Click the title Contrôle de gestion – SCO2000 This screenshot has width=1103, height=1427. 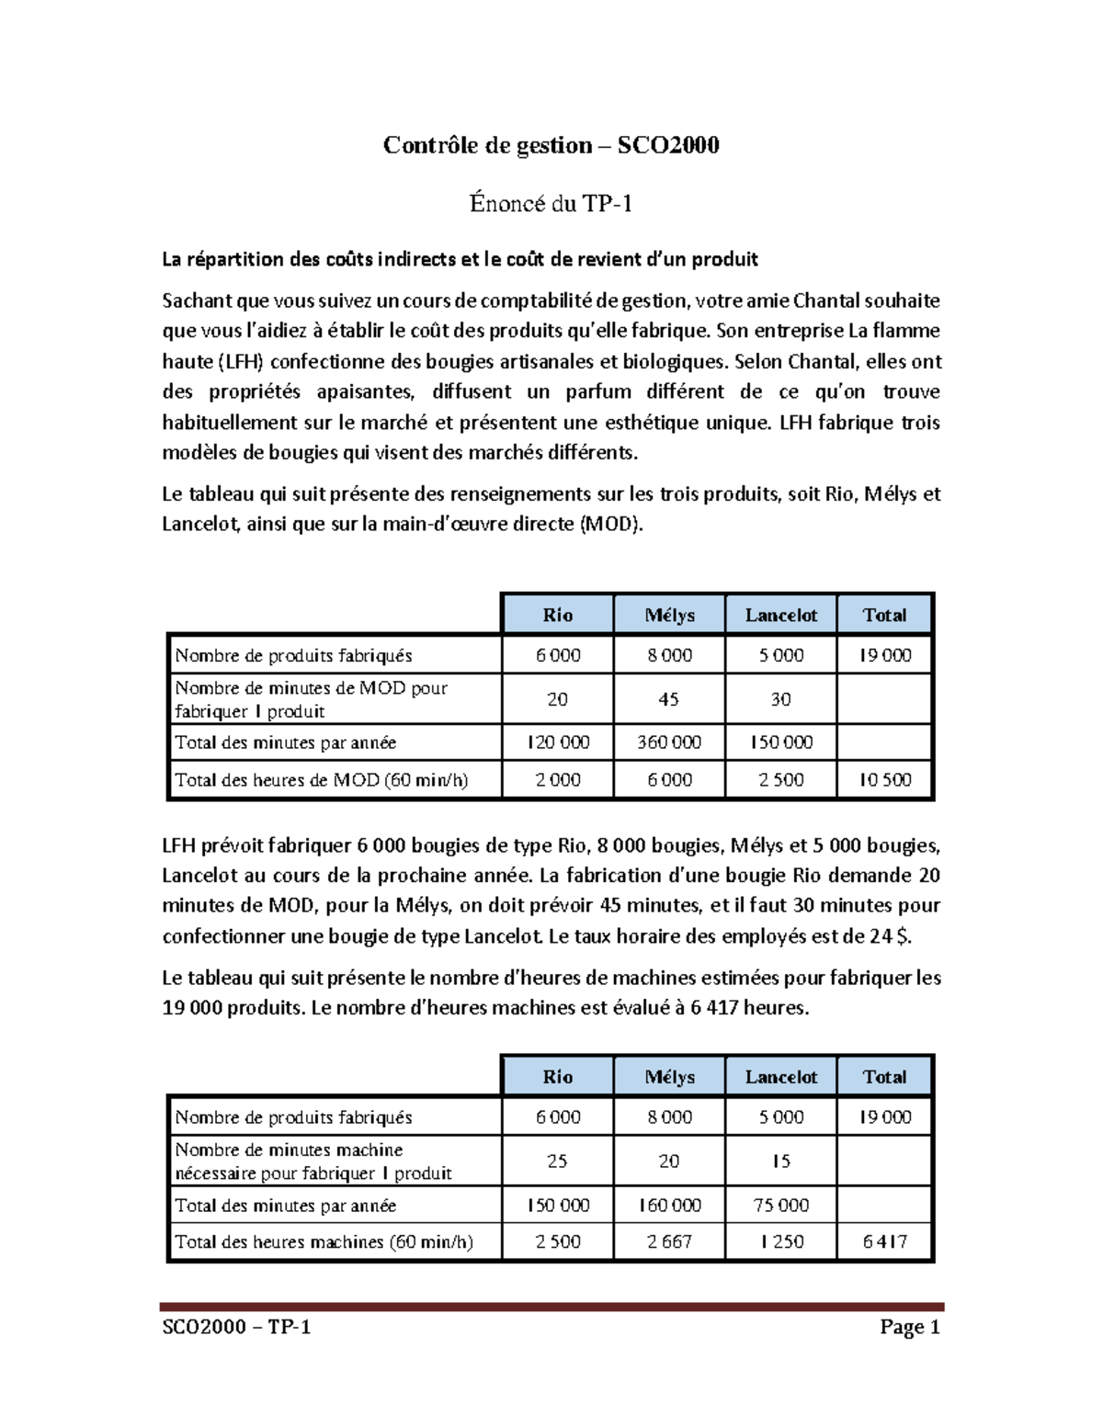(551, 145)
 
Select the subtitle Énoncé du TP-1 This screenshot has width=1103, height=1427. (551, 203)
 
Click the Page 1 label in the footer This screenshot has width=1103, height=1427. (909, 1327)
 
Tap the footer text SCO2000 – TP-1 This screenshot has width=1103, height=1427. (236, 1327)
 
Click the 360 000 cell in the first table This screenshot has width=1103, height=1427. (669, 742)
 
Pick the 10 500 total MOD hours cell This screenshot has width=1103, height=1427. (884, 780)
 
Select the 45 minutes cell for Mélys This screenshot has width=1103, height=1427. (669, 699)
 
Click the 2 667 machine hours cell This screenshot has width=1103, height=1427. (669, 1242)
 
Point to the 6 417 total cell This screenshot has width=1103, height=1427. (884, 1242)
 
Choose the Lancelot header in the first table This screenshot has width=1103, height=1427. (780, 615)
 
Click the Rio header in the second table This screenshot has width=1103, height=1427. (557, 1077)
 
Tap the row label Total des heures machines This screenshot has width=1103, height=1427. (324, 1242)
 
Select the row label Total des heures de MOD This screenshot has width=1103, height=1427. (321, 780)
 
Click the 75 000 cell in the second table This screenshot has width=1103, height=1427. (780, 1206)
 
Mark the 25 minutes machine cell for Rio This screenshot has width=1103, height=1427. (557, 1161)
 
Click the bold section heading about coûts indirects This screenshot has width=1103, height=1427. (460, 259)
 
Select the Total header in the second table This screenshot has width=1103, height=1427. (884, 1077)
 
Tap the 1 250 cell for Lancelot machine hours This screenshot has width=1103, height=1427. (780, 1242)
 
